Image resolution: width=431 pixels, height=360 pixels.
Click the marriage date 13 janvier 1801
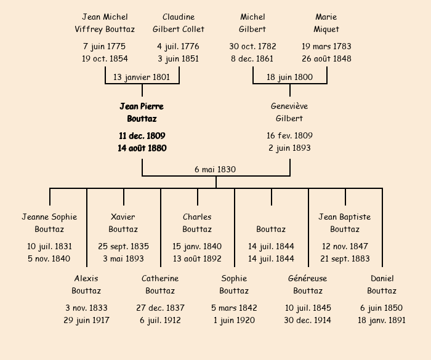click(142, 77)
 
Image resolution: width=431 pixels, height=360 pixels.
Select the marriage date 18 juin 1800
click(289, 77)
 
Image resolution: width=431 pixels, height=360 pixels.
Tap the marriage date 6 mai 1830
click(216, 169)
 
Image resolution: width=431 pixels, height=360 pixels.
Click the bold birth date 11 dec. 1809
click(142, 135)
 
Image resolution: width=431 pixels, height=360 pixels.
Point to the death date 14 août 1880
click(142, 148)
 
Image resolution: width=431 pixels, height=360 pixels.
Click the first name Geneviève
click(289, 106)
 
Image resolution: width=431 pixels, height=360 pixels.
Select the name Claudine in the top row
click(179, 17)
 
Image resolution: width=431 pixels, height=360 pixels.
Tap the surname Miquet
click(326, 29)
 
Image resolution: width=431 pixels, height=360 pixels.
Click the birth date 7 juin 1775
click(105, 46)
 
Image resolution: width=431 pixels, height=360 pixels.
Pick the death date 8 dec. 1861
click(252, 58)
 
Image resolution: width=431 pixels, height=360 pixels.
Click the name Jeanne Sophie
click(49, 217)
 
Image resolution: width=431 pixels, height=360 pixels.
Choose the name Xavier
click(123, 217)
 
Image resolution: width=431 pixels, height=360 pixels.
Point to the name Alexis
click(86, 278)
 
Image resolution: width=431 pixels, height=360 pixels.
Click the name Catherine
click(160, 278)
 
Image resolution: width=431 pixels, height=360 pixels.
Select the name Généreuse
click(308, 278)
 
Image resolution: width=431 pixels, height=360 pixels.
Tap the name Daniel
click(382, 278)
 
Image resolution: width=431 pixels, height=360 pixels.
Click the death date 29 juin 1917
click(86, 320)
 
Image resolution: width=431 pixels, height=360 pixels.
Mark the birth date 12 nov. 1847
click(345, 246)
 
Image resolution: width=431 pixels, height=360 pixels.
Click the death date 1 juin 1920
click(234, 320)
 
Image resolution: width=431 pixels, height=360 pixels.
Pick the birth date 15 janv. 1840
click(197, 246)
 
